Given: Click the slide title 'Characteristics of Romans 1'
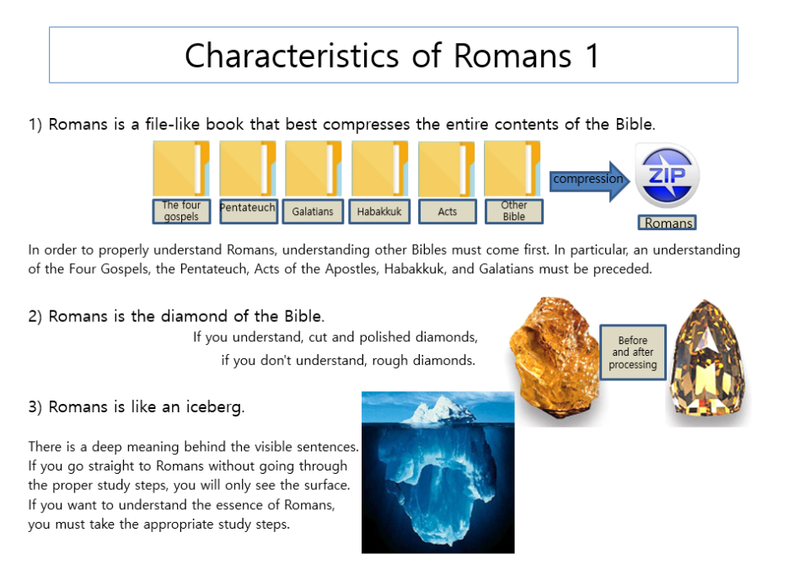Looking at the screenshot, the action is [x=393, y=55].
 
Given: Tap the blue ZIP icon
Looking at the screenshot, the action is [x=667, y=175].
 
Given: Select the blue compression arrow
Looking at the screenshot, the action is [x=589, y=181].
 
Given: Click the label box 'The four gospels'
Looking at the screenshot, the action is [x=181, y=212].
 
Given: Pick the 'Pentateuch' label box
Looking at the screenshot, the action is [x=249, y=212].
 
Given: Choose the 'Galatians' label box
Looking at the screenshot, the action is [x=313, y=212].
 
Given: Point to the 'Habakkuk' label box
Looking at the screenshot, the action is [x=379, y=212].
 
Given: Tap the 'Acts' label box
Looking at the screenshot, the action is [x=448, y=212].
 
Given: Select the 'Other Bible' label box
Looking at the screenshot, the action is [x=513, y=212].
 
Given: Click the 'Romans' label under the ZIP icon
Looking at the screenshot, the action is [x=668, y=223].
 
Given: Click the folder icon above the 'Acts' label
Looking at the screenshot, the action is [x=446, y=169].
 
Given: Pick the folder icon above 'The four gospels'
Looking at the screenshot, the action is [x=181, y=169].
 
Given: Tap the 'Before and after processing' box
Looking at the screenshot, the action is [x=633, y=352].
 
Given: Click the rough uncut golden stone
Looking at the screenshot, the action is [x=555, y=358].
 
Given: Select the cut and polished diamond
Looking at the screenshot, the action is [x=708, y=358].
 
